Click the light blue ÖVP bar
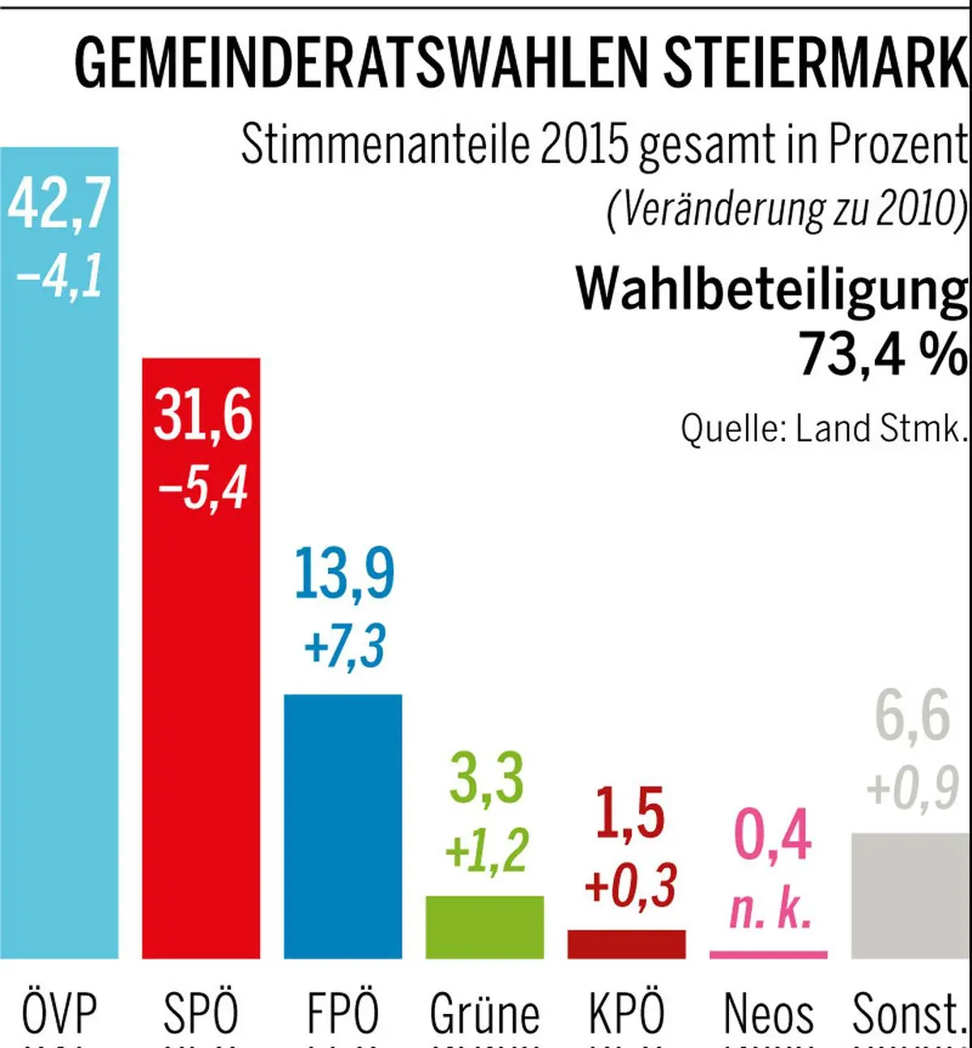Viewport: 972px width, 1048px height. tap(59, 608)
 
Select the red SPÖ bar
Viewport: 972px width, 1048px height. tap(201, 729)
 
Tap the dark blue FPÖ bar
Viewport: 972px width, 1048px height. tap(343, 827)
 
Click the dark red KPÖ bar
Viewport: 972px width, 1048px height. tap(626, 944)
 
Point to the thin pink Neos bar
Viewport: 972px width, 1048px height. tap(768, 955)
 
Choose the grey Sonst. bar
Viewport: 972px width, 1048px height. tap(910, 896)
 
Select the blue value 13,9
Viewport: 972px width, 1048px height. tap(343, 574)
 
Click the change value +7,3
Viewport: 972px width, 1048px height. tap(343, 647)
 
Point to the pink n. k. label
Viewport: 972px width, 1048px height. tap(769, 909)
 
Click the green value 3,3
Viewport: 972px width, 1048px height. tap(486, 778)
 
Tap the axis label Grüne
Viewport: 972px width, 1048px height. tap(484, 1013)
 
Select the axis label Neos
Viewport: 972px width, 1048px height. tap(768, 1013)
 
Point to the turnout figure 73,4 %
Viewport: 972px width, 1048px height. tap(883, 353)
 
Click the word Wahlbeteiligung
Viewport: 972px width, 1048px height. tap(771, 289)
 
